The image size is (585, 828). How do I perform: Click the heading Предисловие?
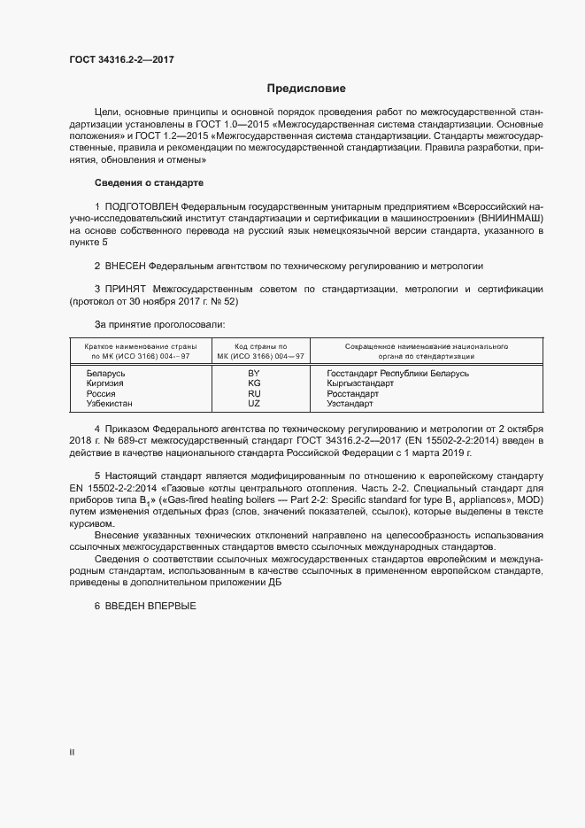pyautogui.click(x=306, y=89)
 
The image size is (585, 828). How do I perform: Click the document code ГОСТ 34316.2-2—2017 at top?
pyautogui.click(x=121, y=59)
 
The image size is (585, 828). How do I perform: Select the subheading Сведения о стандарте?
pyautogui.click(x=149, y=183)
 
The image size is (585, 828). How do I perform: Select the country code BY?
pyautogui.click(x=254, y=374)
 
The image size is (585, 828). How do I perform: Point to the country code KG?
pyautogui.click(x=254, y=383)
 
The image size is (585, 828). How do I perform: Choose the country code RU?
pyautogui.click(x=254, y=393)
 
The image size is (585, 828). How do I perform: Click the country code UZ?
pyautogui.click(x=254, y=403)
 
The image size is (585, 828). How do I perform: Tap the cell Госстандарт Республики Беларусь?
pyautogui.click(x=397, y=374)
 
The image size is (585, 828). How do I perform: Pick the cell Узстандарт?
pyautogui.click(x=350, y=403)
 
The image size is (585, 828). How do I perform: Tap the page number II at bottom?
pyautogui.click(x=72, y=752)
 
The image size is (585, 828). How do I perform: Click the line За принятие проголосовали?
pyautogui.click(x=153, y=325)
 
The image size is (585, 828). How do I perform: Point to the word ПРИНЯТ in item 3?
pyautogui.click(x=127, y=290)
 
